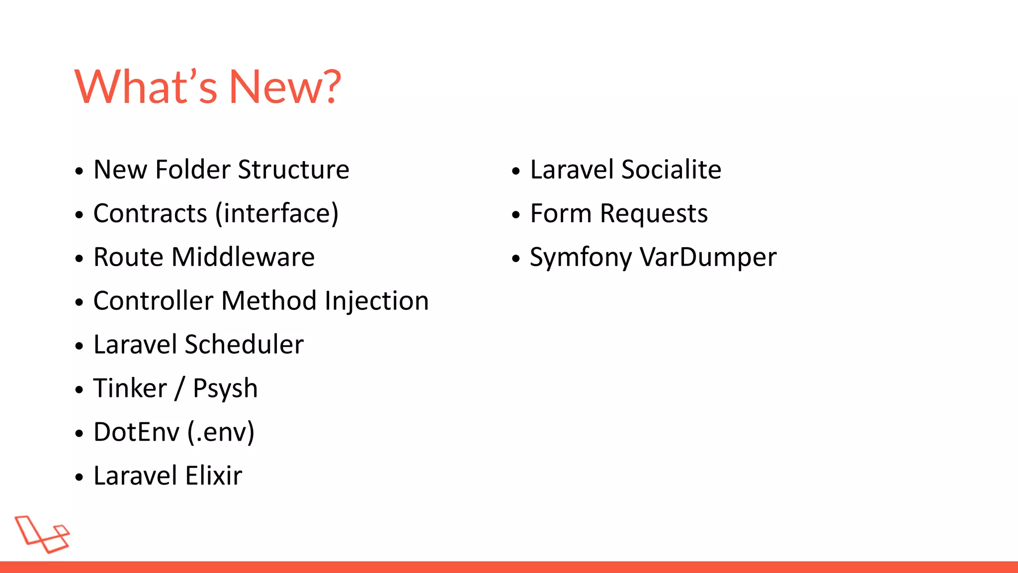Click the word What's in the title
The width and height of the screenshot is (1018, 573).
tap(146, 87)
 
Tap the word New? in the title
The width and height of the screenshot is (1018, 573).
tap(284, 87)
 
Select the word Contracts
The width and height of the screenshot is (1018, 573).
tap(150, 213)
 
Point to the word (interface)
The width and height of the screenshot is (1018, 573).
tap(277, 213)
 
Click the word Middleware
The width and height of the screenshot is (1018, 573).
tap(243, 257)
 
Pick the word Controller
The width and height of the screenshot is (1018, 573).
tap(153, 301)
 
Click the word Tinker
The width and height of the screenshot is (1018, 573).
tap(130, 388)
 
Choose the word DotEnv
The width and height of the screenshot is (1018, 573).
tap(136, 432)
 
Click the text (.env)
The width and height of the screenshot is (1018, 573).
tap(221, 432)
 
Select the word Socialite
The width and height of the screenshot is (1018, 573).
tap(671, 170)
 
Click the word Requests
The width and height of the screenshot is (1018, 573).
tap(654, 214)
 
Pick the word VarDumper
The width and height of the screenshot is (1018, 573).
tap(708, 258)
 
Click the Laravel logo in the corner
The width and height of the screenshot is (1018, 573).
tap(42, 534)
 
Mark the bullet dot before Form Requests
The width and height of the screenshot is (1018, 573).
tap(516, 215)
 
